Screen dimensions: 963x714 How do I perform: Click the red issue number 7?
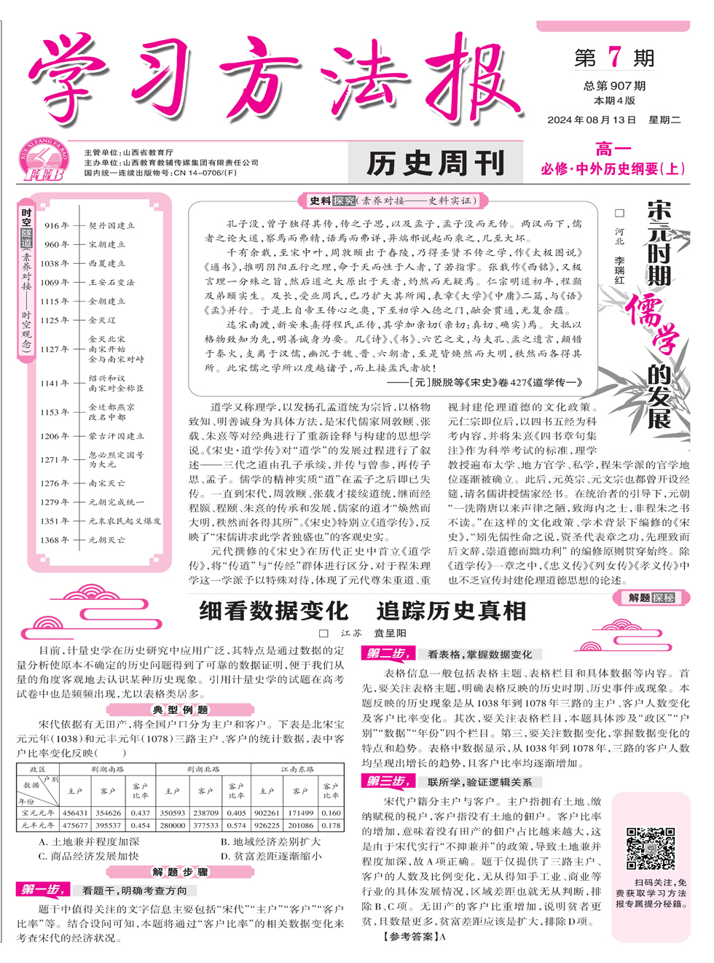[x=615, y=57]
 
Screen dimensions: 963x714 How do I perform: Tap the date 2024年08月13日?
[x=592, y=120]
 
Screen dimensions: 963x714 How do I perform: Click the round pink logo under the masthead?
[x=43, y=160]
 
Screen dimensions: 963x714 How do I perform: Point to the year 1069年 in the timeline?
[x=55, y=282]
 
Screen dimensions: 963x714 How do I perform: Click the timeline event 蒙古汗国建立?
[x=116, y=436]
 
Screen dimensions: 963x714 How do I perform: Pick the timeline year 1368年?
[x=55, y=540]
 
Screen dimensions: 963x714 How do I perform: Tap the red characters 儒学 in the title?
[x=653, y=324]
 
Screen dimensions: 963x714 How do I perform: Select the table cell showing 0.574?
[x=236, y=825]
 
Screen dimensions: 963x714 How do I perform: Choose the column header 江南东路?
[x=297, y=769]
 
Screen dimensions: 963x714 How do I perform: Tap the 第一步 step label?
[x=42, y=889]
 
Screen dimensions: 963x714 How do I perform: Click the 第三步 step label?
[x=387, y=781]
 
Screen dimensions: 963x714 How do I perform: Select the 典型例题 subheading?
[x=180, y=709]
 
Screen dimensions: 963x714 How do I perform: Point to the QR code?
[x=651, y=849]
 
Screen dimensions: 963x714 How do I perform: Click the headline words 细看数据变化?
[x=274, y=611]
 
